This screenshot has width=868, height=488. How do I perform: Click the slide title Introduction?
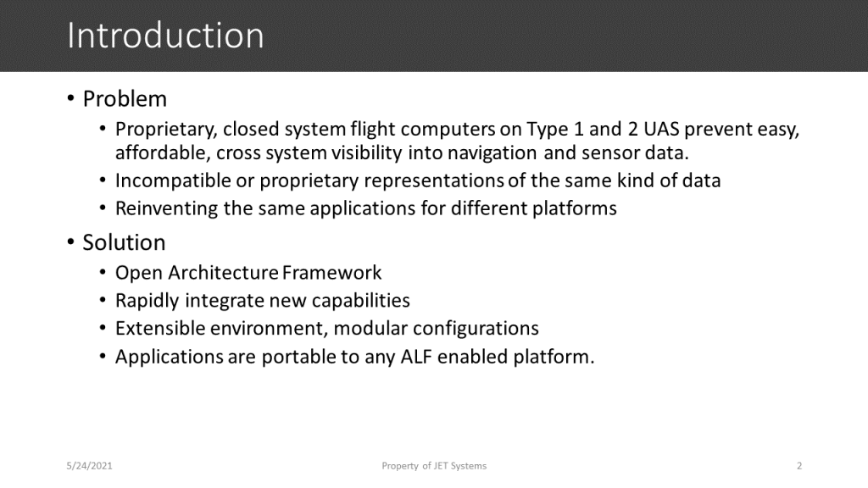pos(165,36)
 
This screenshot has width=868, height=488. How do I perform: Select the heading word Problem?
pos(125,99)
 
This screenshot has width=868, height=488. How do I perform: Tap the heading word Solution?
pos(124,242)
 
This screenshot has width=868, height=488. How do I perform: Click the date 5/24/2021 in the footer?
pos(90,466)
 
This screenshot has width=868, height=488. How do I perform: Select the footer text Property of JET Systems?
pos(434,466)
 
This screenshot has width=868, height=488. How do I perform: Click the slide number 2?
pos(799,466)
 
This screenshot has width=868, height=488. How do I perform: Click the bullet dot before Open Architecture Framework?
pos(103,274)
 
